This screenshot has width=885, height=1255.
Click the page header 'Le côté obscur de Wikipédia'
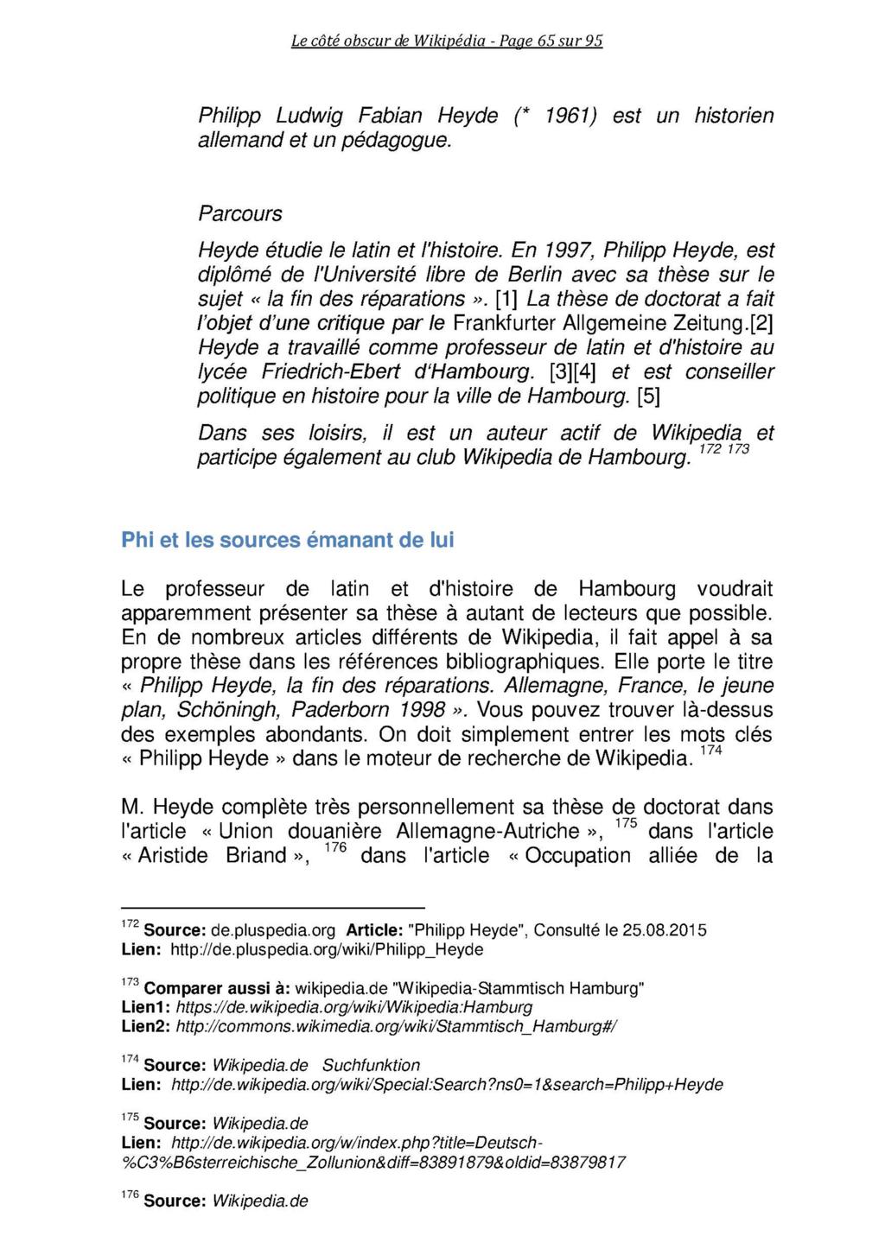coord(388,40)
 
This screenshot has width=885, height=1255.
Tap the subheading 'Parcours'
coord(239,212)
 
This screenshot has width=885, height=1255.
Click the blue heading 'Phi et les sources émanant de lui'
coord(287,540)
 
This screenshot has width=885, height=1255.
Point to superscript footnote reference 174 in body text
coord(710,751)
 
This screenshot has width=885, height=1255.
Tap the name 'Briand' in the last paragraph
coord(256,855)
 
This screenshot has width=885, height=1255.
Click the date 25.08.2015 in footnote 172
coord(664,930)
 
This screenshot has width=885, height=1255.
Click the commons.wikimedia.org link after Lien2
coord(397,1026)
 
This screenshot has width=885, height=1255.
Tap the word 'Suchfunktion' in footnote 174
coord(371,1065)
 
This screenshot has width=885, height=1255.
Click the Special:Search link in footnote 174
coord(447,1084)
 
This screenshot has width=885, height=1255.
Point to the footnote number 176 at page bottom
coord(129,1195)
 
